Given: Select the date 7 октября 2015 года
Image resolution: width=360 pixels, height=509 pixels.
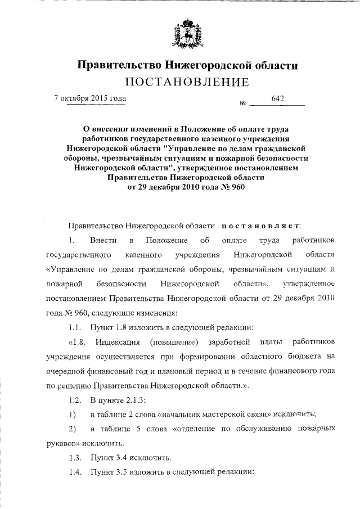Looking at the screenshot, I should click(89, 98).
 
